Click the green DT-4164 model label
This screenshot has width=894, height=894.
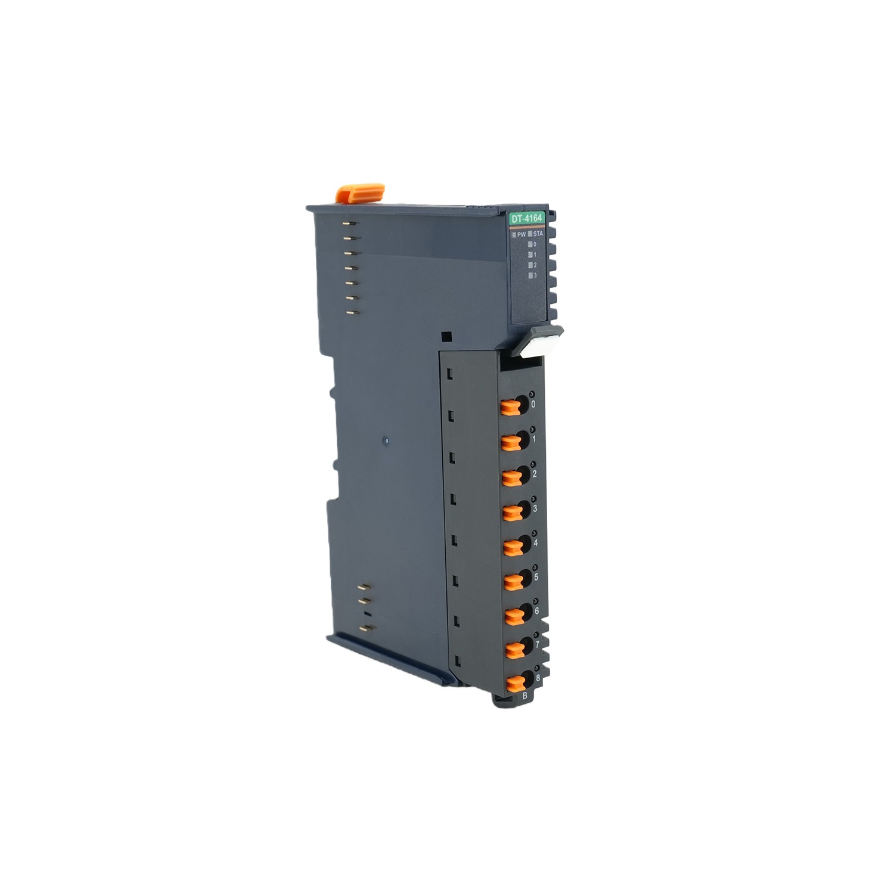(x=526, y=219)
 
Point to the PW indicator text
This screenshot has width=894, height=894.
(x=521, y=235)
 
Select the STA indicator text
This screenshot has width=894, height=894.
(x=538, y=235)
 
